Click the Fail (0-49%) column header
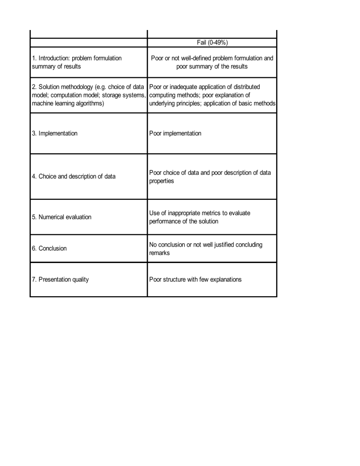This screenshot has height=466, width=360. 212,42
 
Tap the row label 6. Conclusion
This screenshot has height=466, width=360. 49,248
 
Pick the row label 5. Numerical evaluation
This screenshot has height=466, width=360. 61,217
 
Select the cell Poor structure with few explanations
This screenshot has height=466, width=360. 195,279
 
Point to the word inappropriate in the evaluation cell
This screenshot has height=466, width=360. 186,213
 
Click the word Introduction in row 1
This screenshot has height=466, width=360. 54,58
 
